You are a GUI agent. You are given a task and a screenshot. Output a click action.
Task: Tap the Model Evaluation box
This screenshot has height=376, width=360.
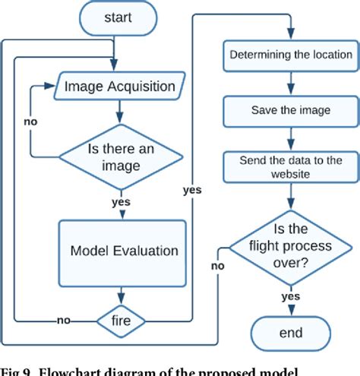click(x=124, y=251)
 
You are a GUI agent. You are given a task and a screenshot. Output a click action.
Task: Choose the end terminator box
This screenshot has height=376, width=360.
click(x=290, y=333)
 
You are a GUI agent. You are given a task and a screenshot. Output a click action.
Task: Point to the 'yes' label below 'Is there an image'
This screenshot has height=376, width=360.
click(x=120, y=203)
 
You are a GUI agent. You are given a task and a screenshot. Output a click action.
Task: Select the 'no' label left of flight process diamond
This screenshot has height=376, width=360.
click(x=218, y=267)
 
